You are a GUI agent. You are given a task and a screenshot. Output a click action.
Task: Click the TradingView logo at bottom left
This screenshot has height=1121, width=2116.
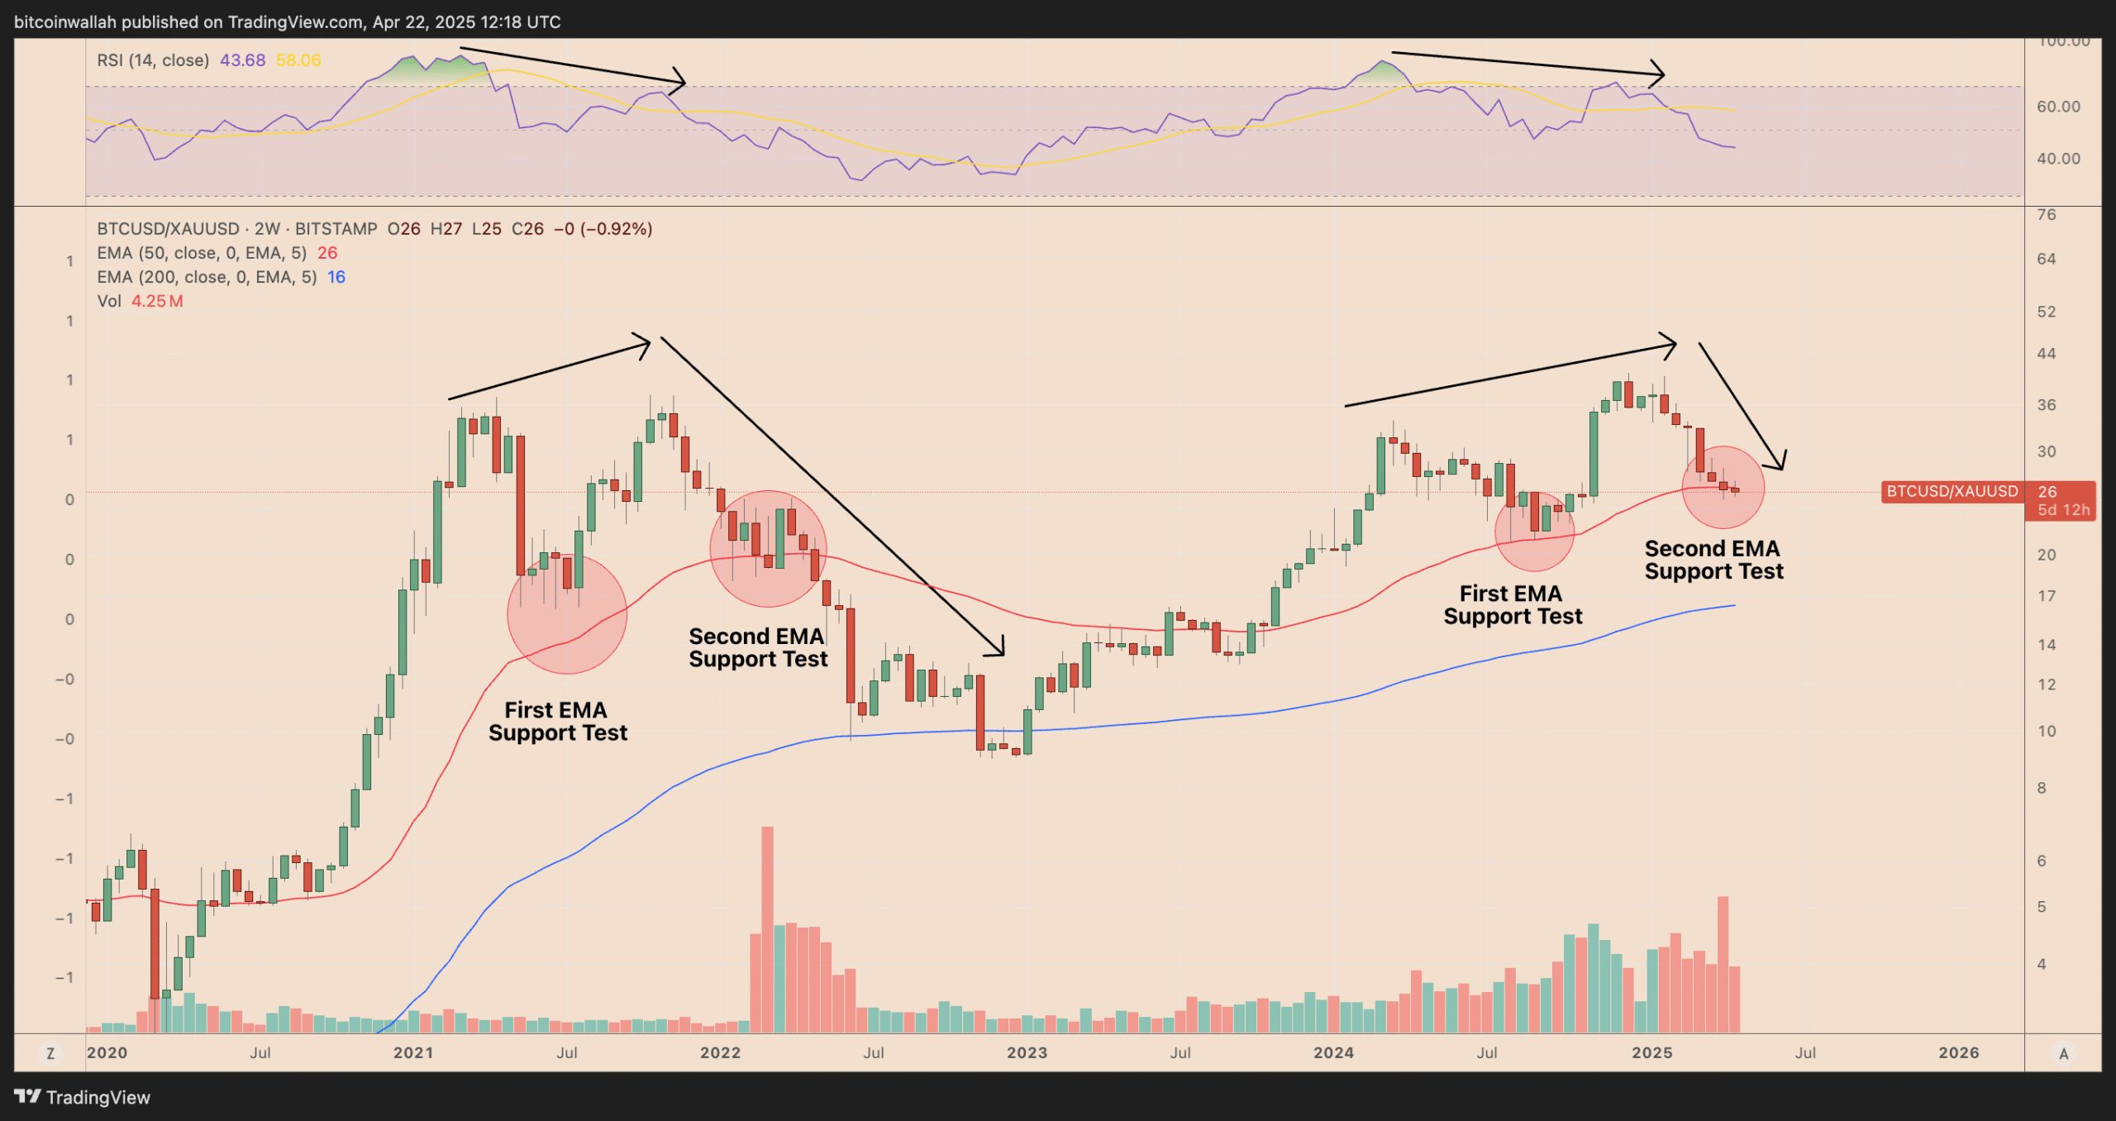click(x=82, y=1097)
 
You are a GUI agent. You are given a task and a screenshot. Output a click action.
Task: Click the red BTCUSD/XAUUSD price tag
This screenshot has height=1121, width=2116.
click(x=1951, y=491)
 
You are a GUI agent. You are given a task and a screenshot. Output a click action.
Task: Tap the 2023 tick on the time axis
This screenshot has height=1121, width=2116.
click(x=1027, y=1052)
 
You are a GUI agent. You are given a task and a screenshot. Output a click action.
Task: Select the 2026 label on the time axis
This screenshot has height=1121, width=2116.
click(x=1958, y=1052)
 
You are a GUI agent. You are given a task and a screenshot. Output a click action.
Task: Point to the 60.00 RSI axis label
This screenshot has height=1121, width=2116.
click(x=2058, y=107)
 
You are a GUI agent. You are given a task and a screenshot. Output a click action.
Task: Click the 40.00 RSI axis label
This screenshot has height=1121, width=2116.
click(x=2058, y=158)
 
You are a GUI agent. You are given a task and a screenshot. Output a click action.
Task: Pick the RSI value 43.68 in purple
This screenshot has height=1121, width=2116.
click(x=242, y=60)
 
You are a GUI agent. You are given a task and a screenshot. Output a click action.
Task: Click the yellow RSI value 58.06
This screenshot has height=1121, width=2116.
click(x=298, y=60)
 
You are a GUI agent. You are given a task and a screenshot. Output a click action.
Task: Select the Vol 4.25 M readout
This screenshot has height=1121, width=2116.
click(x=141, y=301)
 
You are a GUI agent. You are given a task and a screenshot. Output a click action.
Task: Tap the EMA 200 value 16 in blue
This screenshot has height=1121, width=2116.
click(x=336, y=277)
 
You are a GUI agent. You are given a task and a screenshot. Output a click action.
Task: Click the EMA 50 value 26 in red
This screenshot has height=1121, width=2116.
click(x=327, y=253)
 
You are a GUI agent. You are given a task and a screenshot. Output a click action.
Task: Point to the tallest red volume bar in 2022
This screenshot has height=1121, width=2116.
click(x=767, y=926)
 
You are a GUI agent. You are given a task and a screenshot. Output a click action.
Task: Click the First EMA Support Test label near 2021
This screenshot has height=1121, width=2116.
click(x=558, y=721)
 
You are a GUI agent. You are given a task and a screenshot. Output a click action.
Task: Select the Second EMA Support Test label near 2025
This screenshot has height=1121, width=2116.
click(x=1713, y=560)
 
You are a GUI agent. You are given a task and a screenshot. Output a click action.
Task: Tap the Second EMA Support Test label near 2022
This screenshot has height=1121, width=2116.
click(x=757, y=647)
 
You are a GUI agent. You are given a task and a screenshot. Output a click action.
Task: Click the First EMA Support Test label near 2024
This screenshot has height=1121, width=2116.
click(x=1512, y=604)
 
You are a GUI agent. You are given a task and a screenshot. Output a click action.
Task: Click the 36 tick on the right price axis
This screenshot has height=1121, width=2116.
click(x=2046, y=405)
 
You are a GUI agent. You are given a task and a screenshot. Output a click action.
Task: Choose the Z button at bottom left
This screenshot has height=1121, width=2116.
click(x=50, y=1053)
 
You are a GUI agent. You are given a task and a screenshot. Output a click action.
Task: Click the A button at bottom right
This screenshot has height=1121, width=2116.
click(x=2063, y=1053)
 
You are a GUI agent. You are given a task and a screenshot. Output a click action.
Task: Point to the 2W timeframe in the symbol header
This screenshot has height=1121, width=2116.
click(x=267, y=229)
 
